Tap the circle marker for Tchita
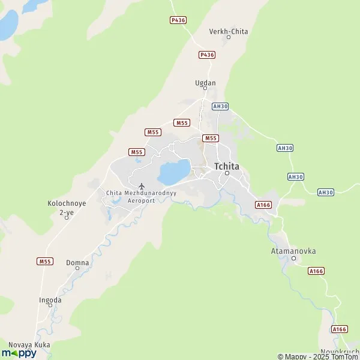[227, 173]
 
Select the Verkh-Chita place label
[229, 31]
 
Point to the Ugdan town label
[205, 83]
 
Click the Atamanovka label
[293, 251]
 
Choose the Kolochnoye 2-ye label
[67, 208]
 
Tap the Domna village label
[77, 263]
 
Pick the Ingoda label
[50, 299]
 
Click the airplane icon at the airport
[141, 185]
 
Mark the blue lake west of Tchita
[174, 172]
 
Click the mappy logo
[19, 353]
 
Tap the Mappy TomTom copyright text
[317, 356]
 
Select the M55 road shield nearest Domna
[45, 262]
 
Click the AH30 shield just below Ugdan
[220, 106]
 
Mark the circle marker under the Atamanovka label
[293, 259]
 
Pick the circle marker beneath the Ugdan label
[205, 89]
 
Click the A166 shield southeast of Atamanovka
[316, 271]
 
